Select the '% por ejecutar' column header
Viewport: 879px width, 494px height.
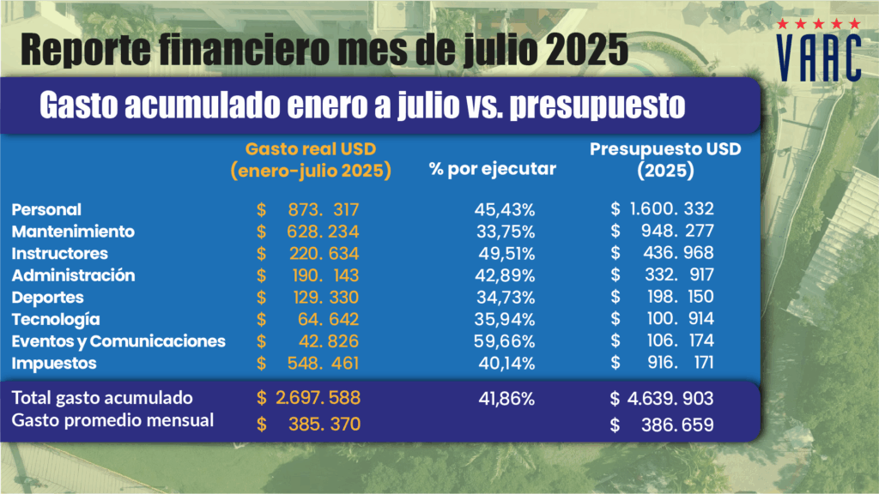pos(493,169)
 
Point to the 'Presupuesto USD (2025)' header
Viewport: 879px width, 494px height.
pos(665,160)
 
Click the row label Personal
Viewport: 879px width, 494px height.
pos(47,208)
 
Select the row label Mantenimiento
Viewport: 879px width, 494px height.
pos(73,231)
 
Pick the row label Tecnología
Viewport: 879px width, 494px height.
pos(62,319)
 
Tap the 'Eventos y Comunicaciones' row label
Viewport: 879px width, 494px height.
pos(118,341)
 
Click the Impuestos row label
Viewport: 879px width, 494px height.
pos(54,364)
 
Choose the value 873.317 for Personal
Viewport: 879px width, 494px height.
pos(319,209)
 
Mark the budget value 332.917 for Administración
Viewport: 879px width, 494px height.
pos(676,275)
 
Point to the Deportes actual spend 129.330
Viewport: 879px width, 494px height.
pos(319,298)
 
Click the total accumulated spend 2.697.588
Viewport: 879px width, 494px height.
pos(317,398)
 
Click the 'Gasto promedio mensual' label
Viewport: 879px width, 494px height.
pos(112,420)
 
